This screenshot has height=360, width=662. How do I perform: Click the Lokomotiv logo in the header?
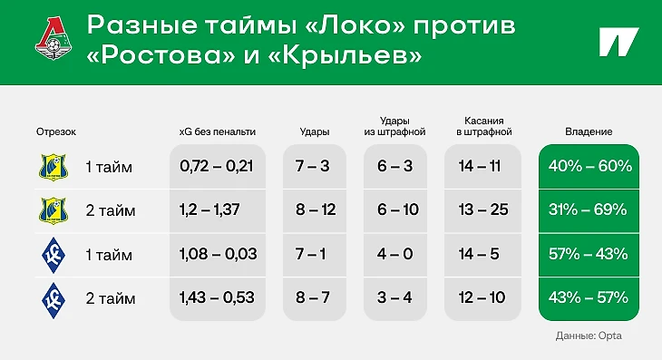[54, 38]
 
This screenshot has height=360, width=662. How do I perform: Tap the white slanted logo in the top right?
[619, 43]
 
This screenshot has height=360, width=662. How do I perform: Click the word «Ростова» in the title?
[161, 55]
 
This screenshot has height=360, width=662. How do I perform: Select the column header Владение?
[589, 131]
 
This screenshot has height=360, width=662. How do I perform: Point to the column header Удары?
[315, 131]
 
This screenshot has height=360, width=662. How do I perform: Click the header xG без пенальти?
[218, 131]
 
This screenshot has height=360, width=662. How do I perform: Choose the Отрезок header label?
[56, 131]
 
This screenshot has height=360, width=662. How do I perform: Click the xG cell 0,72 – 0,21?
[217, 166]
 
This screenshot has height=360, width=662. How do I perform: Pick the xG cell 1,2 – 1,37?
[209, 209]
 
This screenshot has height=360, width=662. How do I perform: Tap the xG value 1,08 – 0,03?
[219, 254]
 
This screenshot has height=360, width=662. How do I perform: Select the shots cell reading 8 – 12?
[316, 209]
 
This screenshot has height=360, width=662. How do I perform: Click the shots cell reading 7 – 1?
[311, 254]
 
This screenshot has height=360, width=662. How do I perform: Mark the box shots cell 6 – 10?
[398, 209]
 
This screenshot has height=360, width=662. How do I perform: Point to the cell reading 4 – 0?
[395, 254]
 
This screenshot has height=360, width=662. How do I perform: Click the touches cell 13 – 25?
[484, 209]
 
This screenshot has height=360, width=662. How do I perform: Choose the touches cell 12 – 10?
[482, 297]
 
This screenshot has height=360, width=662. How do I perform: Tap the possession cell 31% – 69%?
[588, 209]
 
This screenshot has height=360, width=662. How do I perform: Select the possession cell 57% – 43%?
[589, 254]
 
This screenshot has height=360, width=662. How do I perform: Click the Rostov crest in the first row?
[54, 167]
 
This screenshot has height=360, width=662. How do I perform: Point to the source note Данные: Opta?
[589, 336]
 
